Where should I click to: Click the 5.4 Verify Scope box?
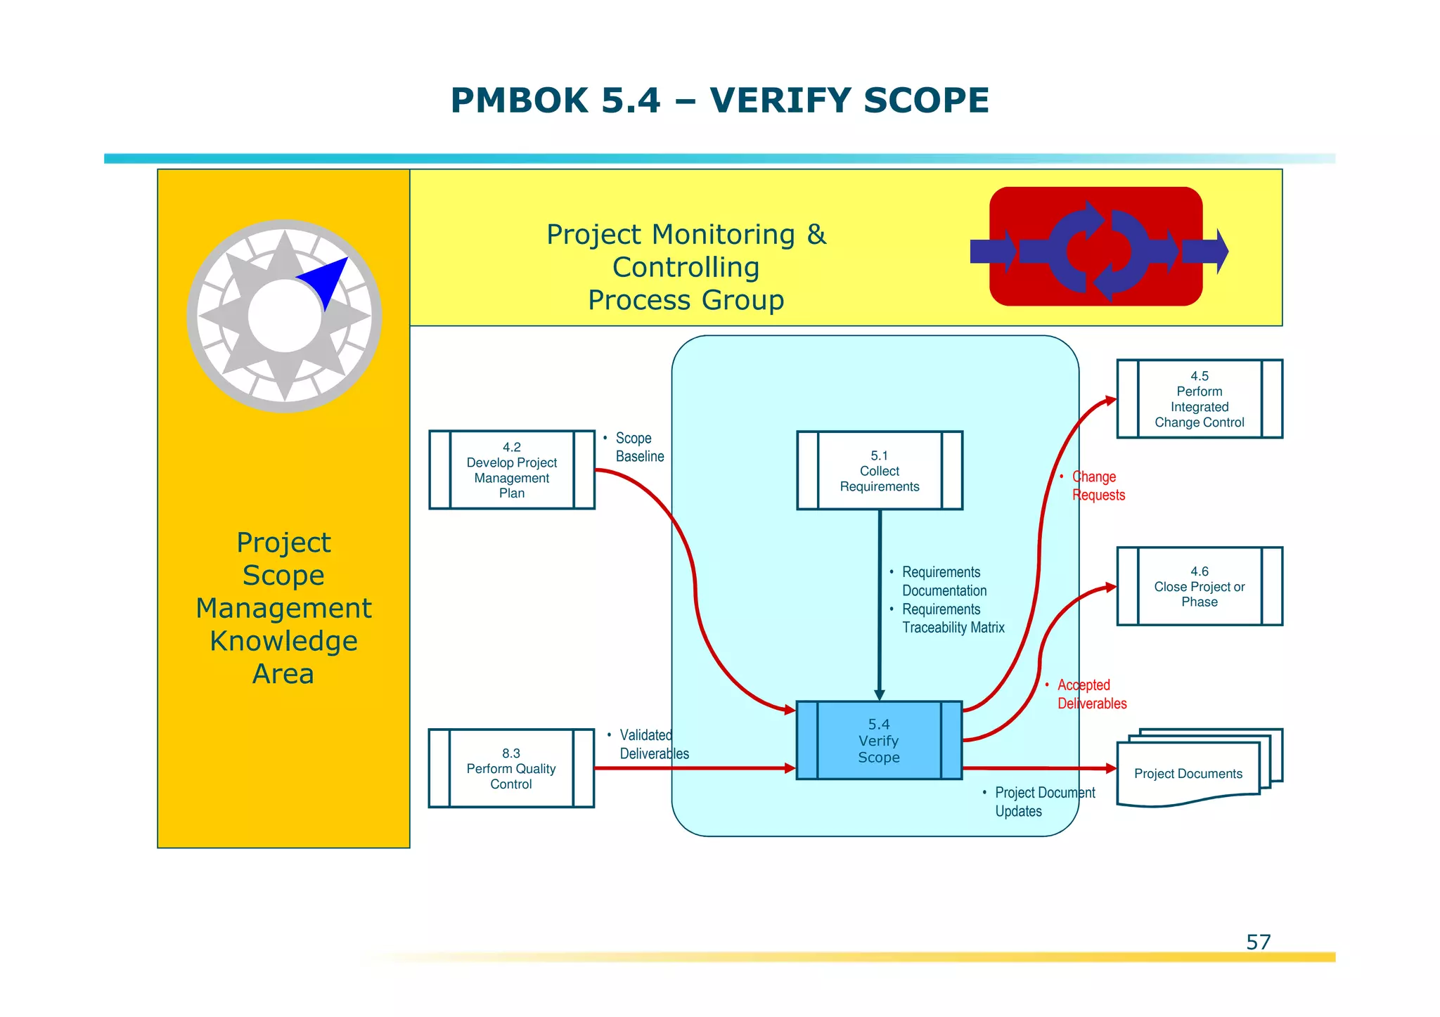tap(879, 740)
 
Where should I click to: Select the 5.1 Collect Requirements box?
tap(879, 470)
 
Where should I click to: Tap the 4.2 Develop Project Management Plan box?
tap(511, 469)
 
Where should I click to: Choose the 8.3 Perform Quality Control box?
tap(511, 768)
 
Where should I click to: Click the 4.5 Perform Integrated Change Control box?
tap(1199, 399)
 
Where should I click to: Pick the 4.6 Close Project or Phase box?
tap(1199, 586)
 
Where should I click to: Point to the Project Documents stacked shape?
tap(1188, 773)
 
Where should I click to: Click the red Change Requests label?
tap(1097, 486)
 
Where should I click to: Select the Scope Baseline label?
tap(638, 447)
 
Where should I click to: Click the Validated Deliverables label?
tap(652, 744)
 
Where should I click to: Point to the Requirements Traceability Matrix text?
tap(952, 618)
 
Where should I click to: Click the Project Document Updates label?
tap(1043, 802)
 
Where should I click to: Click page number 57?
tap(1258, 942)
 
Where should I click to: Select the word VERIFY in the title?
tap(780, 101)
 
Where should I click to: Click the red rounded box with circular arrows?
tap(1095, 247)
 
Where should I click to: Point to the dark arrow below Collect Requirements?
tap(879, 604)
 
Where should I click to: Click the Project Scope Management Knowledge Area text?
tap(283, 608)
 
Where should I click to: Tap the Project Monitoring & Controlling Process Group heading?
tap(686, 267)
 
